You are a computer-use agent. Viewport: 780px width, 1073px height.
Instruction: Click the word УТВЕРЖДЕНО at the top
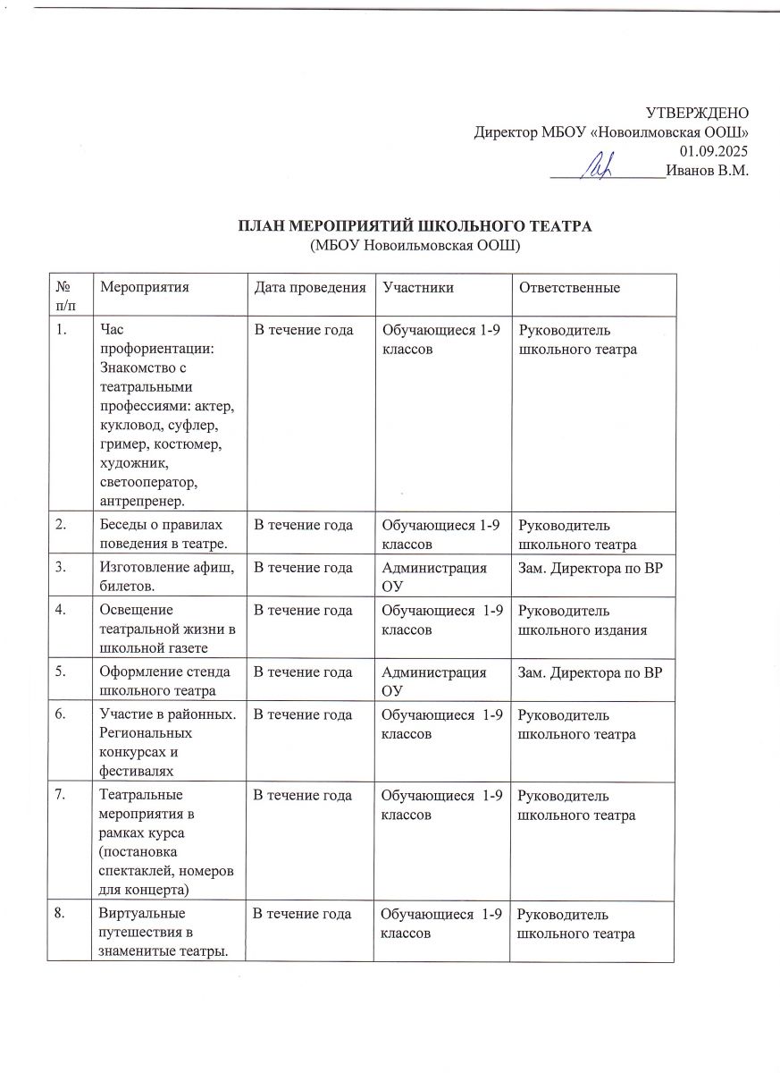point(697,114)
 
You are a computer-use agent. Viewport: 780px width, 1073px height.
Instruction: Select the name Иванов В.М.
point(708,170)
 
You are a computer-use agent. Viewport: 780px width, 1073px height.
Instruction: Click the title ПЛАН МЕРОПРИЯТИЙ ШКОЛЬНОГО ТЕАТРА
point(415,225)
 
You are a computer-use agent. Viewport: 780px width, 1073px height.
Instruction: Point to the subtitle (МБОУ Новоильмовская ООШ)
point(415,244)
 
